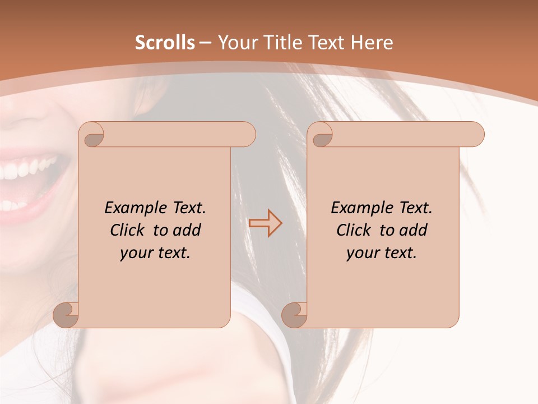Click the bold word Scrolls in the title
pyautogui.click(x=165, y=43)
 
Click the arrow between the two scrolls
pyautogui.click(x=266, y=223)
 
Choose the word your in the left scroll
pyautogui.click(x=137, y=254)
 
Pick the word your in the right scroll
pyautogui.click(x=363, y=254)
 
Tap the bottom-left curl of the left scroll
pyautogui.click(x=66, y=315)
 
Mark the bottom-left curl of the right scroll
pyautogui.click(x=294, y=315)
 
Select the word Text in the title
pyautogui.click(x=325, y=43)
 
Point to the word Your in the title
pyautogui.click(x=238, y=43)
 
